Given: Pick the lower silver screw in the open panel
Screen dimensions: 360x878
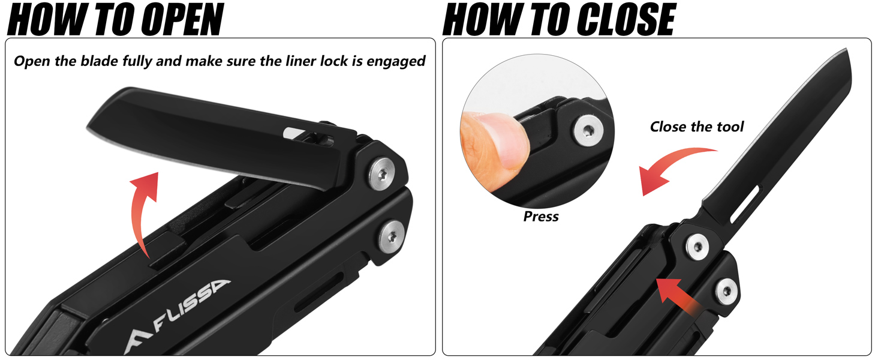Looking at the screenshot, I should [x=393, y=232].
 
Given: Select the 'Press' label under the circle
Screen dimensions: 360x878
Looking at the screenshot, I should [x=540, y=217].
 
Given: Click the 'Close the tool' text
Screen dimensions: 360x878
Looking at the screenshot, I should [x=696, y=127].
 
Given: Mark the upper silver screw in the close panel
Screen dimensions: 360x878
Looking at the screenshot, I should [x=697, y=247].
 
